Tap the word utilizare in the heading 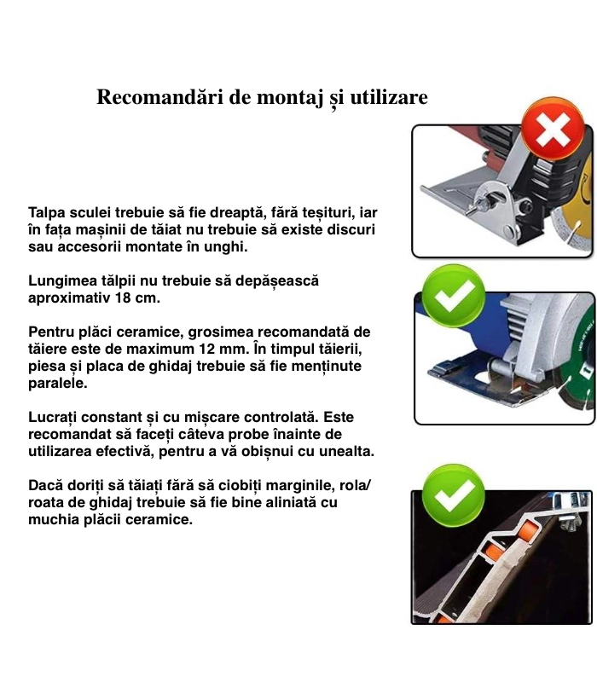[x=389, y=96]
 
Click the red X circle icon [x=553, y=130]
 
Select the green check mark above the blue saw [x=454, y=295]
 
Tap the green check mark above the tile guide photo [x=454, y=495]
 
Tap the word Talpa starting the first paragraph [x=48, y=213]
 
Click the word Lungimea [x=62, y=281]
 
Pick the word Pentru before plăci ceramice [x=50, y=332]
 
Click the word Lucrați [x=52, y=418]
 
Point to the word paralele [x=58, y=384]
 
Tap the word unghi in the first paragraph [x=227, y=247]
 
